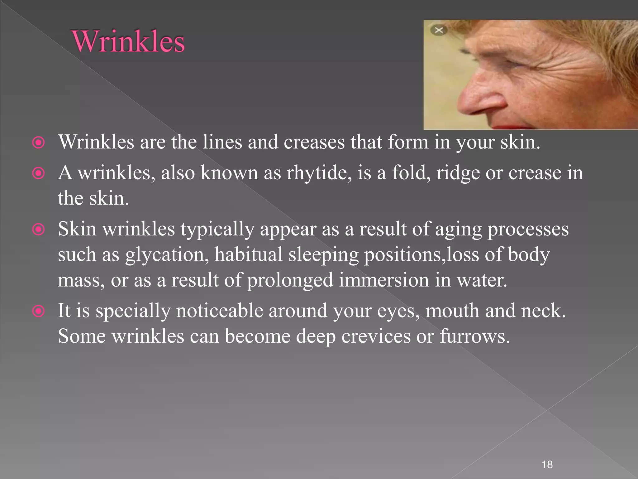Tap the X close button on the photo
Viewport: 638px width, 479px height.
[x=439, y=30]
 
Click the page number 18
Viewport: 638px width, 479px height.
[x=547, y=464]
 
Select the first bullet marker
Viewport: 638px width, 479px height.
[x=39, y=143]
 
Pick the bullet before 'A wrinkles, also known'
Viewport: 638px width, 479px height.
[x=39, y=173]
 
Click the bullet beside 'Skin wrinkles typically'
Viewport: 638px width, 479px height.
[x=39, y=230]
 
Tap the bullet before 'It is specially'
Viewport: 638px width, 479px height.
[x=39, y=311]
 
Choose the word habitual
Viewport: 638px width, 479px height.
[x=248, y=254]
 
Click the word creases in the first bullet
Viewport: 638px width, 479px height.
[x=314, y=142]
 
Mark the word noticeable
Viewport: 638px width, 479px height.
[x=220, y=311]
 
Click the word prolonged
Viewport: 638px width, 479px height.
[x=290, y=280]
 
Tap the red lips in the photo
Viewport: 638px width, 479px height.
[x=511, y=127]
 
